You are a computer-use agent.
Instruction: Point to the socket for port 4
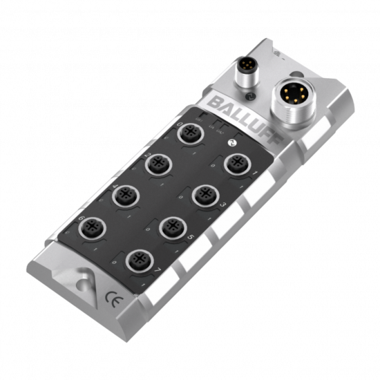pos(128,193)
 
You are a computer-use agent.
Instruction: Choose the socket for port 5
pos(175,226)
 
